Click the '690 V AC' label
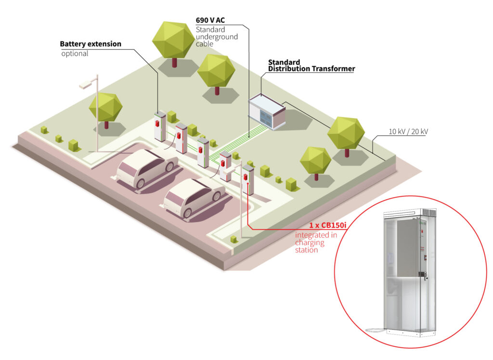click(210, 20)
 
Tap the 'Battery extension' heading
click(91, 44)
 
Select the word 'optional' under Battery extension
click(75, 53)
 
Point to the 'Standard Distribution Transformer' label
click(311, 66)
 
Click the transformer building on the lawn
click(267, 112)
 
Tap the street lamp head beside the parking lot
click(86, 84)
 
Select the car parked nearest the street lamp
click(145, 168)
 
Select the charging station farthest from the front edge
click(159, 126)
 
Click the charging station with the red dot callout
click(247, 179)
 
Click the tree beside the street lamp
click(106, 109)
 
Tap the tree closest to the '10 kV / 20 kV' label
click(346, 134)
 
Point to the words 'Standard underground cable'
click(217, 37)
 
